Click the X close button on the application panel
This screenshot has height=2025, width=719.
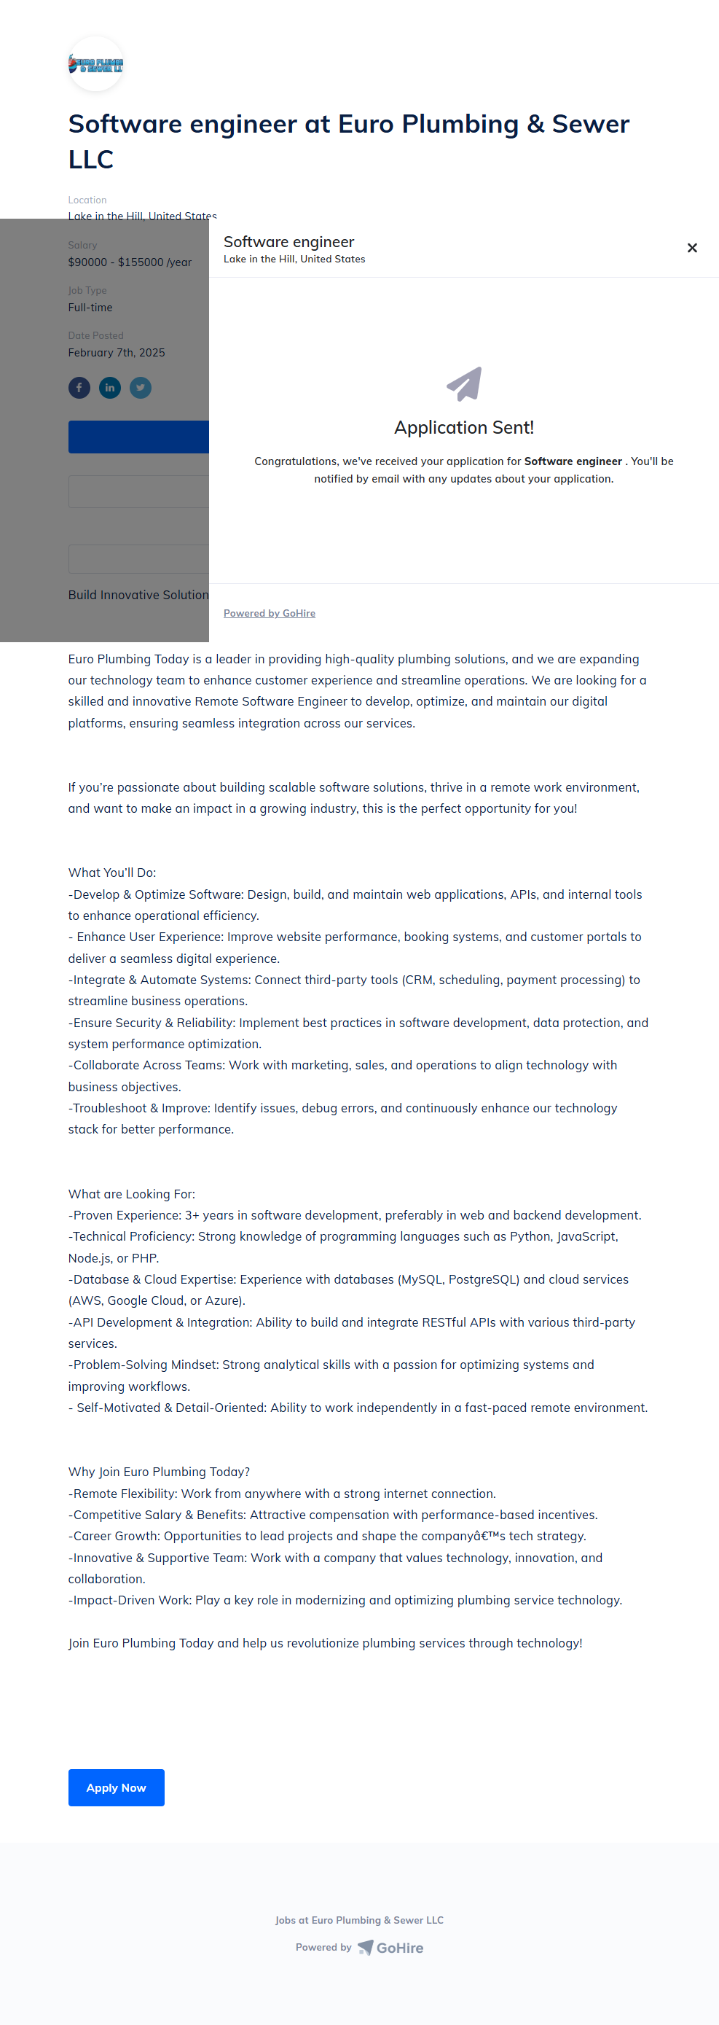click(x=691, y=249)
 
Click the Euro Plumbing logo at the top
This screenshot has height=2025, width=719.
click(x=96, y=64)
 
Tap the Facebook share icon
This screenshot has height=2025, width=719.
click(x=79, y=388)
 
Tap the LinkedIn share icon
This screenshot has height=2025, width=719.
click(x=110, y=388)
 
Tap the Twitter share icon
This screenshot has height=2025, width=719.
click(x=141, y=388)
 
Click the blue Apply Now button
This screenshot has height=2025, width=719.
click(x=117, y=1787)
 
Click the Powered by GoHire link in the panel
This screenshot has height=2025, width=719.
click(x=270, y=613)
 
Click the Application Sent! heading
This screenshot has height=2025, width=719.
click(x=463, y=428)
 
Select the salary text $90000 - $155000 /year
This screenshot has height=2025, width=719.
click(x=130, y=262)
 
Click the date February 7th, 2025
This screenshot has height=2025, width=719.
click(x=117, y=353)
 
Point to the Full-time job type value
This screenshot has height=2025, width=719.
click(x=90, y=308)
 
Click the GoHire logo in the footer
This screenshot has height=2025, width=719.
click(x=391, y=1947)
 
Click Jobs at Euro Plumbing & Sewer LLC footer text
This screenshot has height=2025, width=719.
click(x=359, y=1919)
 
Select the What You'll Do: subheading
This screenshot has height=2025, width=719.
click(x=112, y=873)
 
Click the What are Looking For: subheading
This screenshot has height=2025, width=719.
click(x=131, y=1193)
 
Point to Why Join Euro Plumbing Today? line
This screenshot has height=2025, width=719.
click(x=159, y=1472)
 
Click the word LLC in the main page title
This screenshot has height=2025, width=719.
click(x=91, y=160)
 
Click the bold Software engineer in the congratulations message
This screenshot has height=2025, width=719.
click(x=573, y=461)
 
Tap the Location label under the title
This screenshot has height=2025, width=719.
click(x=87, y=200)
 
